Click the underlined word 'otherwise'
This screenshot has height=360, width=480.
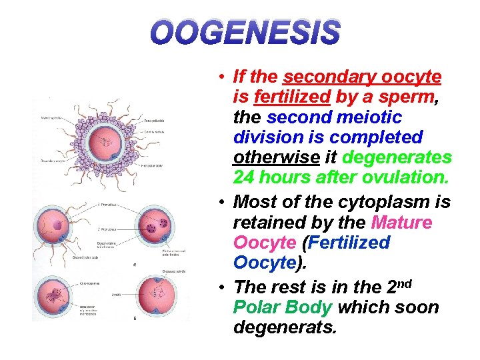click(275, 158)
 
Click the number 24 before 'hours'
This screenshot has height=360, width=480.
click(243, 178)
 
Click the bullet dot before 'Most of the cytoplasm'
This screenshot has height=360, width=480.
click(220, 202)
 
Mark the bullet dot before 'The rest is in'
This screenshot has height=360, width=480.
click(220, 287)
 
